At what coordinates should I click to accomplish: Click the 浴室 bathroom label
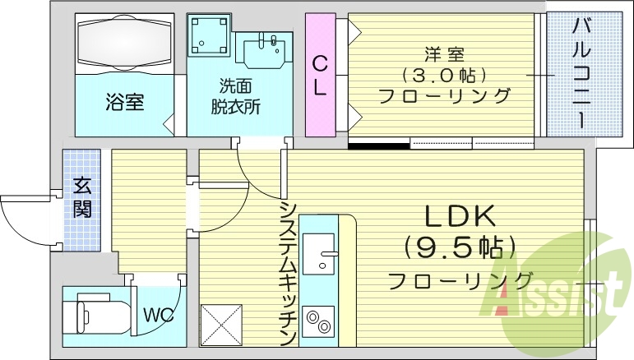124,103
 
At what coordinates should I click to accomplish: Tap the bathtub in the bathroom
125,44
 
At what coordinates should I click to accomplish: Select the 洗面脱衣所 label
239,96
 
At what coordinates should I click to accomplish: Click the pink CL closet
320,75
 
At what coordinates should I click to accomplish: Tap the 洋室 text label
444,55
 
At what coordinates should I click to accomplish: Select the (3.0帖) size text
444,76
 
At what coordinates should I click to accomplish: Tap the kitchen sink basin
319,252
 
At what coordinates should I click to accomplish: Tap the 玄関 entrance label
81,197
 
